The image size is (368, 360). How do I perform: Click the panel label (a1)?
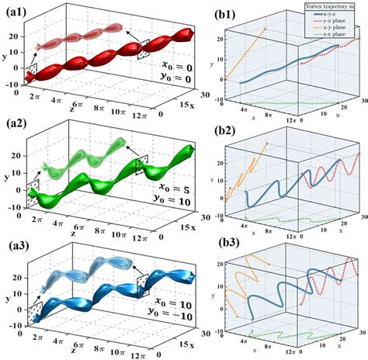16,9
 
